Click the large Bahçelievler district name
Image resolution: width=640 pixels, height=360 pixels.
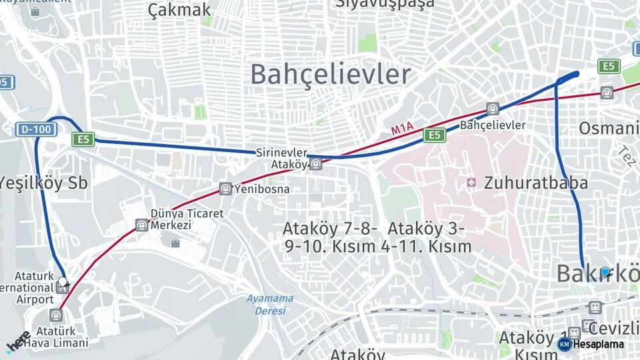point(330,74)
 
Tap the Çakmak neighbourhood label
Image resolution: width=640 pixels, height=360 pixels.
point(179,9)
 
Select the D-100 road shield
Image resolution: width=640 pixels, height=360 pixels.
point(35,129)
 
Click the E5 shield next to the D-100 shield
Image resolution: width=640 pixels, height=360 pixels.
point(83,139)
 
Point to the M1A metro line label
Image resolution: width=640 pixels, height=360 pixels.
point(402,128)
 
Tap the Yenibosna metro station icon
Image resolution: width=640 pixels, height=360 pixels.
point(226,189)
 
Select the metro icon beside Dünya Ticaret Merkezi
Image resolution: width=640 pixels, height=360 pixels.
point(141,225)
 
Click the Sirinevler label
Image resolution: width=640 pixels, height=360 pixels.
point(282,153)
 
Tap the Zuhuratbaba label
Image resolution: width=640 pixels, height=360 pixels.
point(536,182)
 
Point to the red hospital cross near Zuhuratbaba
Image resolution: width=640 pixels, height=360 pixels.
point(471,182)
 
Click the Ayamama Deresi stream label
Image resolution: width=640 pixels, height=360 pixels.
point(270,305)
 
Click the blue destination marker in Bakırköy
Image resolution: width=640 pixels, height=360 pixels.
point(605,271)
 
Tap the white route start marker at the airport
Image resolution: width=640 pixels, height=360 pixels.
point(63,282)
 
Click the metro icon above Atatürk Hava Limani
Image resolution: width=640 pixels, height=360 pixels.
point(56,315)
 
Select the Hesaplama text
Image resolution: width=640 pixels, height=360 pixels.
point(598,344)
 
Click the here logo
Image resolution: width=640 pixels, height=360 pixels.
point(19,341)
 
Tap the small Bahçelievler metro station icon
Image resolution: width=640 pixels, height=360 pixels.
point(493,109)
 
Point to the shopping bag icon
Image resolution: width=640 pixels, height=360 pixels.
point(175,243)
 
